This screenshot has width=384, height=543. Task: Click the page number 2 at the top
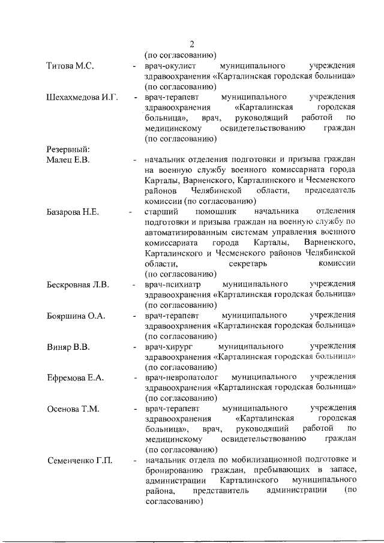(x=192, y=44)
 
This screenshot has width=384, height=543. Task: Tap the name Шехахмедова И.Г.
(x=83, y=97)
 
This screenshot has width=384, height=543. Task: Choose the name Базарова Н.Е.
(x=73, y=212)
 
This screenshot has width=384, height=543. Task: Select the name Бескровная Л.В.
(x=78, y=284)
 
